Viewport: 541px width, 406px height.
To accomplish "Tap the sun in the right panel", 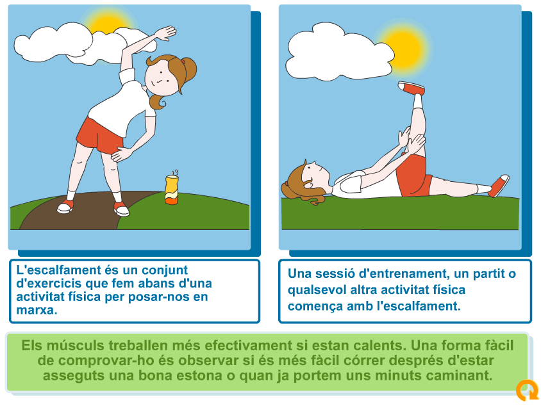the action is coord(404,48).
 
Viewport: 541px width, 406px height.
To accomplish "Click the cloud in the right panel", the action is coord(340,52).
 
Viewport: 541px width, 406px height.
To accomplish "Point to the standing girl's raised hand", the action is coord(165,33).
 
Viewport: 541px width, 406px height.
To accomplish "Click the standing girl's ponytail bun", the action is coord(189,69).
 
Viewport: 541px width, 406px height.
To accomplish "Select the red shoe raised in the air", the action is coord(411,88).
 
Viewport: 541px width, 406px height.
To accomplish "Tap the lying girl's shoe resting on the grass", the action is coord(499,186).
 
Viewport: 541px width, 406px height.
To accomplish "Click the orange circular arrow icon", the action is coord(527,390).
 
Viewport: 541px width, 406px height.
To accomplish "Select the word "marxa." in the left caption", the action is coord(37,310).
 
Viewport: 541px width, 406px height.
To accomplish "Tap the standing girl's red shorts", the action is coord(99,136).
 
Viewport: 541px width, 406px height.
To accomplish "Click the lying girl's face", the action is coord(315,172).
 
